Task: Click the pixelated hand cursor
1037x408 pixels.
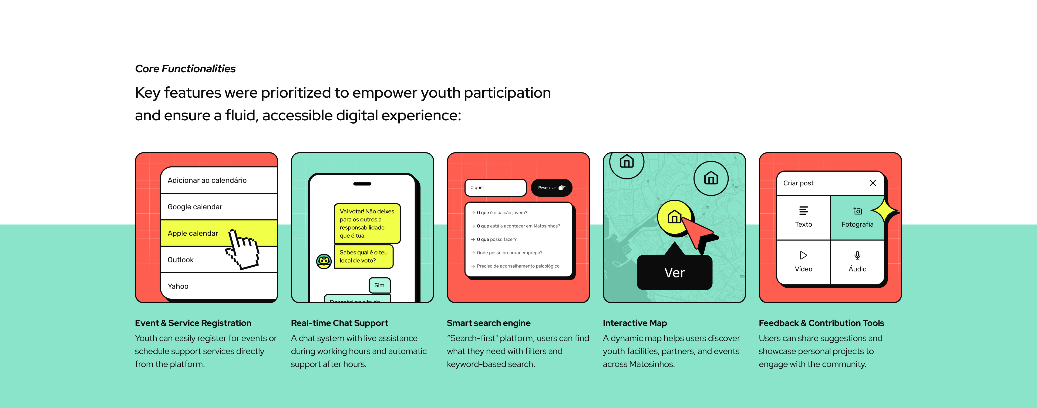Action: point(243,249)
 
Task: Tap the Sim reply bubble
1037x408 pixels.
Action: point(379,285)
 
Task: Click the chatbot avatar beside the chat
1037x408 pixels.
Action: point(324,261)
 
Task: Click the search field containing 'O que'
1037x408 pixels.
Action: point(495,188)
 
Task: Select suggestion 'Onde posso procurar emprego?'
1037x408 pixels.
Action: point(509,253)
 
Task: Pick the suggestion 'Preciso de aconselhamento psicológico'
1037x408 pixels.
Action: point(518,266)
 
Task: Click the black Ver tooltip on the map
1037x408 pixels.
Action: point(674,272)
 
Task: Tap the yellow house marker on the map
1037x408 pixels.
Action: point(674,217)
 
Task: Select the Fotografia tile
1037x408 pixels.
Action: point(857,218)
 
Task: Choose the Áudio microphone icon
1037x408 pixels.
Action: point(857,256)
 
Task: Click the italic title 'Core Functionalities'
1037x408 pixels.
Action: point(185,69)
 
